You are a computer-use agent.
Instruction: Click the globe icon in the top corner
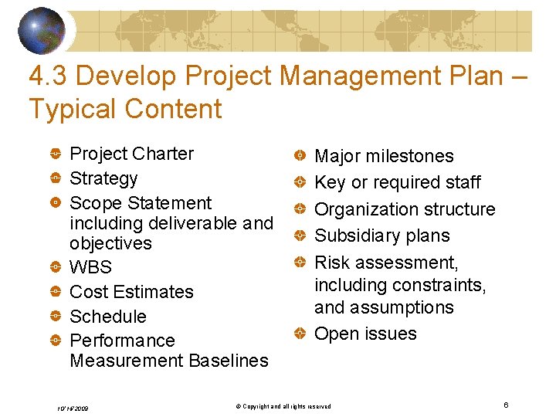pos(42,31)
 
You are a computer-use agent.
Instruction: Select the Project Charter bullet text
pos(131,154)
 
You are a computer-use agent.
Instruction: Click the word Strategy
pos(103,178)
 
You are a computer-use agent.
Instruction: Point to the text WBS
pos(90,267)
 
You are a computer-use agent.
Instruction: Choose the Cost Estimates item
pos(131,292)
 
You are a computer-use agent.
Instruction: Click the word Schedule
pos(107,317)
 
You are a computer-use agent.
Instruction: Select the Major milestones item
pos(384,156)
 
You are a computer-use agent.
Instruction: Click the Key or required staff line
pos(397,182)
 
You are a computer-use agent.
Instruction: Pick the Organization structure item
pos(405,209)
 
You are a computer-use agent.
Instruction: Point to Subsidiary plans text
pos(381,236)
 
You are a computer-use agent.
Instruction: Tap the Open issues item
pos(365,334)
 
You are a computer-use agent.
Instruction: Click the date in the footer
pos(73,407)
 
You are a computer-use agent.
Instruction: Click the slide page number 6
pos(505,405)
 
